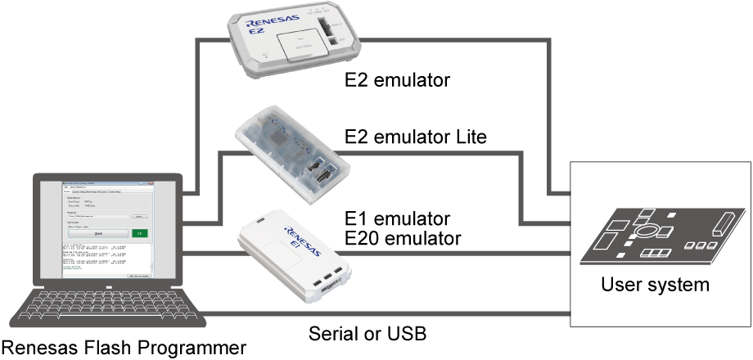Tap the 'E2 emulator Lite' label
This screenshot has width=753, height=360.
tap(416, 137)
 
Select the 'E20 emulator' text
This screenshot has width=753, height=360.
tap(403, 238)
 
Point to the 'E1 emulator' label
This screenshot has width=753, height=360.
tap(398, 219)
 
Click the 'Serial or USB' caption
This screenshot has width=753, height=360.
tap(367, 334)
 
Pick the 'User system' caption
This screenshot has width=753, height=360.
tap(655, 286)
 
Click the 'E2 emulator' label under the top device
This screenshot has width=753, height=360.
tap(397, 81)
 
